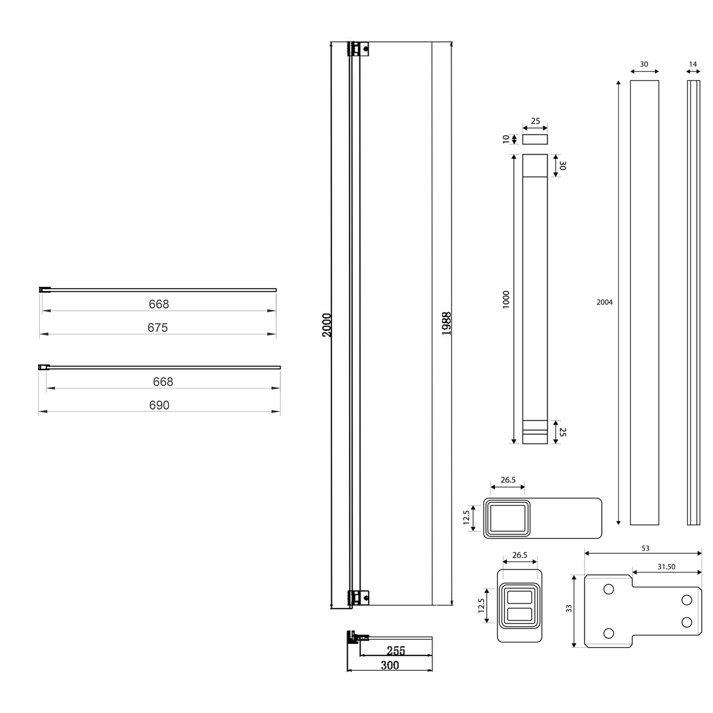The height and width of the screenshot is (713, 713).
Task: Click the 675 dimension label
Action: (x=157, y=328)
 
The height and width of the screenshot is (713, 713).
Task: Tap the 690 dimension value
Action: (x=159, y=405)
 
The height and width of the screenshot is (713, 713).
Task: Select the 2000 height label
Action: (x=327, y=325)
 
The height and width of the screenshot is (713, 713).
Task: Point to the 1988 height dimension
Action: (x=446, y=324)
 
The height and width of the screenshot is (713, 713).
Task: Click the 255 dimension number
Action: (x=395, y=650)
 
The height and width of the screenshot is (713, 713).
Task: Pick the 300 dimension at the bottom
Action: (x=390, y=665)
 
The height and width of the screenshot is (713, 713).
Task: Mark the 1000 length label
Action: (x=506, y=299)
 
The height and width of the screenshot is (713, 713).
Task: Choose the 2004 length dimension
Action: (x=605, y=302)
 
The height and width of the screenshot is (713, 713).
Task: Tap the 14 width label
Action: (x=693, y=64)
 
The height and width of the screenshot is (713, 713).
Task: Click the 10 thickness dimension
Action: (x=506, y=139)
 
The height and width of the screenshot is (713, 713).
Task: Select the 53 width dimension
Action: (x=645, y=548)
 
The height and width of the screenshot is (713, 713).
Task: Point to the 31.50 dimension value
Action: (x=666, y=567)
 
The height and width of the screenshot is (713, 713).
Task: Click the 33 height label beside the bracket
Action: (x=569, y=608)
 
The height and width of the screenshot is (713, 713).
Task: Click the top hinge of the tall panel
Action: (x=359, y=49)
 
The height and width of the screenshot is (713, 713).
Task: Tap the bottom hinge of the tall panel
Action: (x=359, y=597)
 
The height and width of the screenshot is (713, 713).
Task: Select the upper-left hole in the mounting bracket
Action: (x=608, y=589)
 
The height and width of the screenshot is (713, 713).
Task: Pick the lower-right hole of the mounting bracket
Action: (x=686, y=622)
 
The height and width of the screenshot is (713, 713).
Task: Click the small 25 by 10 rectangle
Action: (x=535, y=139)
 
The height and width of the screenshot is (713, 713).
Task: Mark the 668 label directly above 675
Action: (x=159, y=304)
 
